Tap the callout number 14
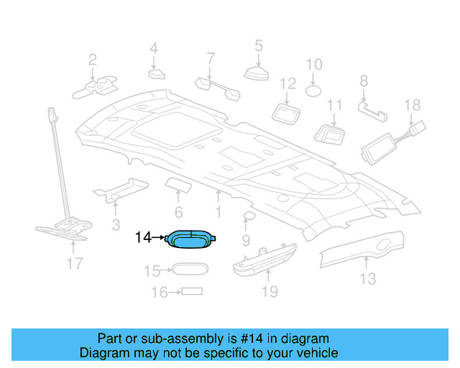coord(144,237)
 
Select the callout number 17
coord(75,264)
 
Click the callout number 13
coord(367,278)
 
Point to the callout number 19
coord(268,291)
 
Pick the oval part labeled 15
coord(188,270)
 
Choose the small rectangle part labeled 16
coord(191,292)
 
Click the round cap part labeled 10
coord(314,91)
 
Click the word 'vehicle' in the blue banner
coord(314,353)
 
